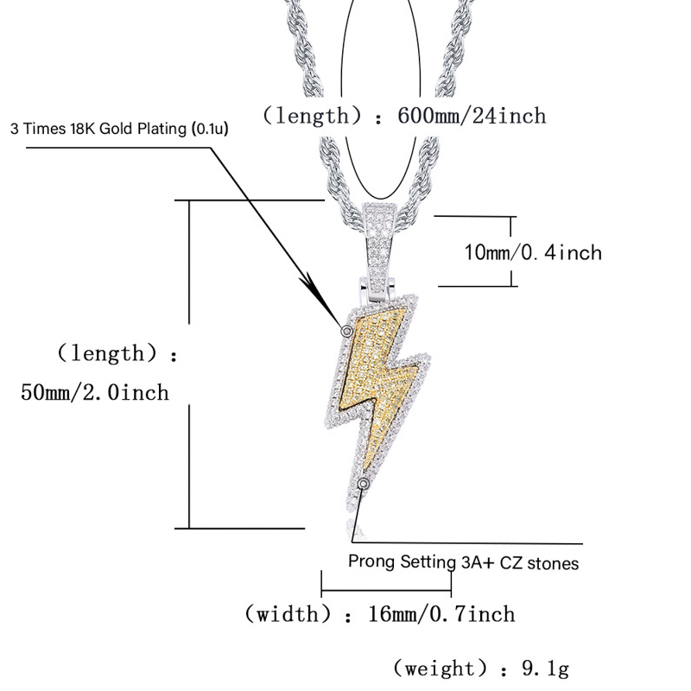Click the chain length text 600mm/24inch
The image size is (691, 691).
472,116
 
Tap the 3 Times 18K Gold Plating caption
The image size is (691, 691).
119,129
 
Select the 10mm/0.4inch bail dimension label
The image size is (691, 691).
533,252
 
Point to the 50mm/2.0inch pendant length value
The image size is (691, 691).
95,392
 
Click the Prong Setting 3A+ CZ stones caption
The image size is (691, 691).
463,562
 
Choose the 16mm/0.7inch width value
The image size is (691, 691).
441,614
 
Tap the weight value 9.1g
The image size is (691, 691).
546,669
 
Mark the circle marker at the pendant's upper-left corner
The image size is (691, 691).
347,331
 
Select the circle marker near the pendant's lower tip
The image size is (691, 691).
363,484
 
